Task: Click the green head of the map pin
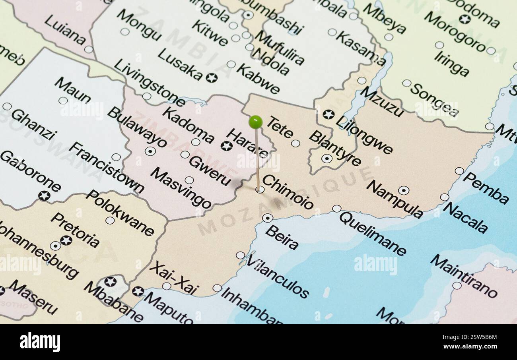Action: click(x=255, y=122)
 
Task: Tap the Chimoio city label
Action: click(x=288, y=192)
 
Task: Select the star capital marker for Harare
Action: click(x=226, y=146)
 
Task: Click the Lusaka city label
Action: click(x=180, y=64)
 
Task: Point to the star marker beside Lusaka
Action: click(x=211, y=77)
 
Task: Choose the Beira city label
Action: click(x=282, y=237)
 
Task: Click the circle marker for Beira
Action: click(x=267, y=218)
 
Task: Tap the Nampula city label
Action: click(x=394, y=199)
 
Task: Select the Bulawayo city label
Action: click(x=137, y=127)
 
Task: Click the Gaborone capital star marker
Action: click(x=44, y=195)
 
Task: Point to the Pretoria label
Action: click(x=75, y=230)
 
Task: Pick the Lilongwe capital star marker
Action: click(x=328, y=114)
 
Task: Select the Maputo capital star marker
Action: click(x=138, y=291)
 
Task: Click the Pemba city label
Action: click(x=486, y=188)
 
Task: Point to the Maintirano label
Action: click(x=463, y=276)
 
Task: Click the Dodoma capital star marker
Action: click(x=464, y=19)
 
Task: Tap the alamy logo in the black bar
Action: click(x=40, y=342)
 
